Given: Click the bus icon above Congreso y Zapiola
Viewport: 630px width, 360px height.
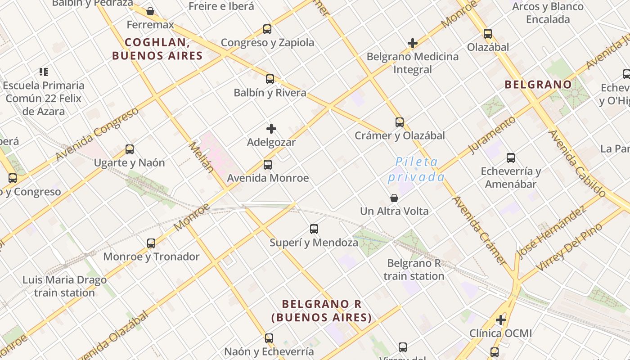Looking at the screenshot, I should pos(267,29).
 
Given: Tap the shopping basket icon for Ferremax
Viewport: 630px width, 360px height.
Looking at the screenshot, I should pos(150,11).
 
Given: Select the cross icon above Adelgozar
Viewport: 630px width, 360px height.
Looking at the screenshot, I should pos(271,129).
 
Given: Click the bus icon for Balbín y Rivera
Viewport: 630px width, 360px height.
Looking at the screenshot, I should pos(270,79).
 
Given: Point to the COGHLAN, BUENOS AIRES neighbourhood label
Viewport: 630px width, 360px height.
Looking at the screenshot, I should pos(157,49).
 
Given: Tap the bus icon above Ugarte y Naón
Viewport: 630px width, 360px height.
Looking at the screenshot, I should pos(130,149).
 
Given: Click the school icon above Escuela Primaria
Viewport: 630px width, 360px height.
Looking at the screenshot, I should pos(44,72).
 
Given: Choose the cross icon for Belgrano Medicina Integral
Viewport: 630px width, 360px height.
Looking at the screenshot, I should pos(413,43).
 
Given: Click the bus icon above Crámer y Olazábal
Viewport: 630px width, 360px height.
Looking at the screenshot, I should pos(400,122).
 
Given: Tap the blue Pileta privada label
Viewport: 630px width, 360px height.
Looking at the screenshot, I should pos(416,169).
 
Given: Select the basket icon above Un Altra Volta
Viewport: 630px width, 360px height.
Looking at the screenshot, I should pos(394,198).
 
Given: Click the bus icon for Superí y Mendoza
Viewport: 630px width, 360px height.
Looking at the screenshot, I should pos(314,229).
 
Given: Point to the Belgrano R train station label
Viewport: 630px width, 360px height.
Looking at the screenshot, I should pos(414,270).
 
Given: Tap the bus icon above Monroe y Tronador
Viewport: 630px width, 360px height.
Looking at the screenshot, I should pos(151,243).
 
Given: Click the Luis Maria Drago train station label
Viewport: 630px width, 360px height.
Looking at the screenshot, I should pos(65,286).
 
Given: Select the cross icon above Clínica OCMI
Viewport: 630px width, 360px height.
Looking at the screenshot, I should pos(501,320).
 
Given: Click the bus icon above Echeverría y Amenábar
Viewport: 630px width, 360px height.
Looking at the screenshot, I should pos(511,158).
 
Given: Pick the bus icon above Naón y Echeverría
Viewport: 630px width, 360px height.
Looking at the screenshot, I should pos(269,338).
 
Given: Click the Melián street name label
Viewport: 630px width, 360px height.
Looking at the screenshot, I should pos(201,157).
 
